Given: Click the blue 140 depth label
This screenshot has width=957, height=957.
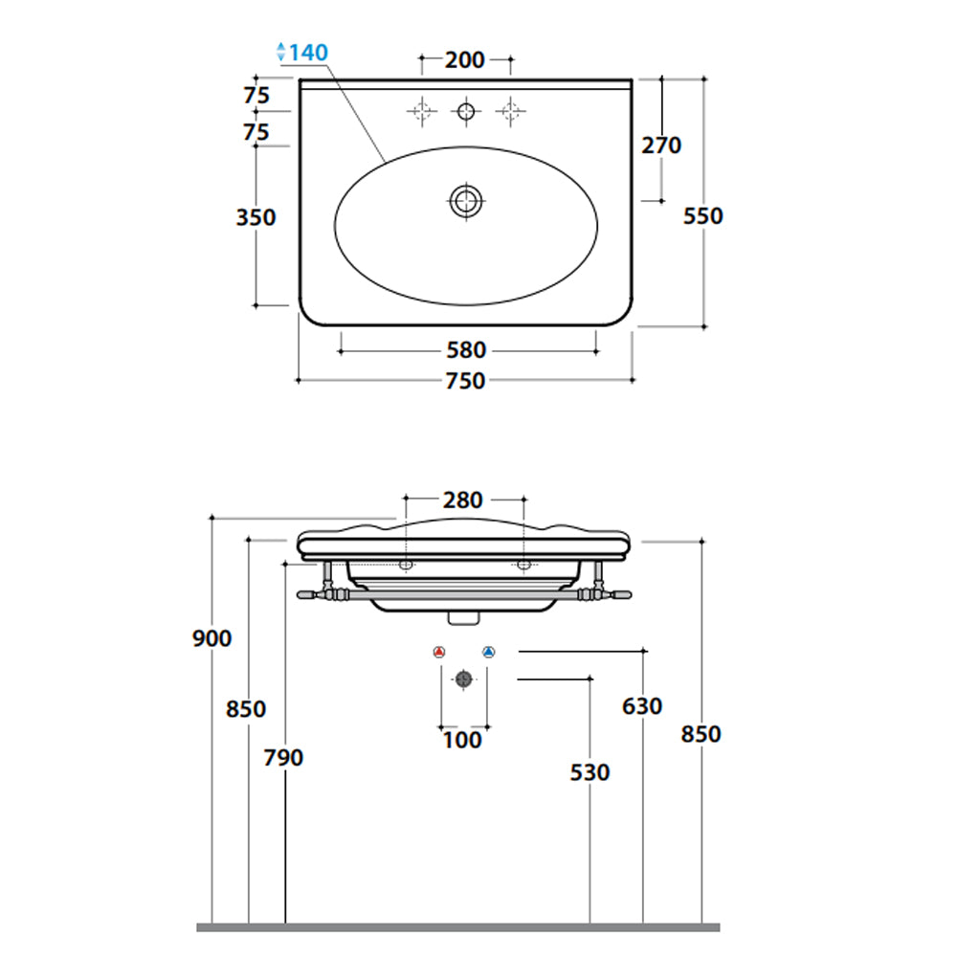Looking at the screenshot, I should [309, 53].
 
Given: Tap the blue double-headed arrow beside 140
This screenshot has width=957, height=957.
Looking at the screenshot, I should [281, 53].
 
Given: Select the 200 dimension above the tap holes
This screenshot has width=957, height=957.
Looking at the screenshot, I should [464, 60].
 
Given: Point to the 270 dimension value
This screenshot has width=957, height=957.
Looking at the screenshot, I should [661, 145].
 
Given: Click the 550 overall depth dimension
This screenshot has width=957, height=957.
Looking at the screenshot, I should [703, 216].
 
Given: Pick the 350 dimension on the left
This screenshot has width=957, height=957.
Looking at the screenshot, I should [256, 217].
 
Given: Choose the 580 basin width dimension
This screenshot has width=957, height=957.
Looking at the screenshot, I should [466, 350].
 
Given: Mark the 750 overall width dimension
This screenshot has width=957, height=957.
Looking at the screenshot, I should [466, 381].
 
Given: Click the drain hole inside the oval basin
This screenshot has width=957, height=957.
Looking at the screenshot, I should [466, 201].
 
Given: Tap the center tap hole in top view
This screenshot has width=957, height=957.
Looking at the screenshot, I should [466, 112].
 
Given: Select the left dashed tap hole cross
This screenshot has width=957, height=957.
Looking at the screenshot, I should [420, 112].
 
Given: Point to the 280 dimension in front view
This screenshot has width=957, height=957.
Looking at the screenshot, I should [463, 500].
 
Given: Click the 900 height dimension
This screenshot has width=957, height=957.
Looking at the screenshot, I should [211, 638].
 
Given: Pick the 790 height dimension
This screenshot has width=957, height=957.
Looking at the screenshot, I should [283, 757].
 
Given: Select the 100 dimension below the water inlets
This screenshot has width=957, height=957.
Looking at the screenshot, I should [463, 739].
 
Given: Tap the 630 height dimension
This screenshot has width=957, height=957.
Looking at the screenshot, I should [642, 706].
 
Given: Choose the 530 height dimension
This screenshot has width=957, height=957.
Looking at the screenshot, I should [590, 771].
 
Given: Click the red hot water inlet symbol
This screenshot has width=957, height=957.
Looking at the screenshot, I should [439, 653].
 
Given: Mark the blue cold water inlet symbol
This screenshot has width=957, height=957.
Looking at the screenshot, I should [488, 653].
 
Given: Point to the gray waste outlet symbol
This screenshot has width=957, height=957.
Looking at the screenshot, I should [463, 679].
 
